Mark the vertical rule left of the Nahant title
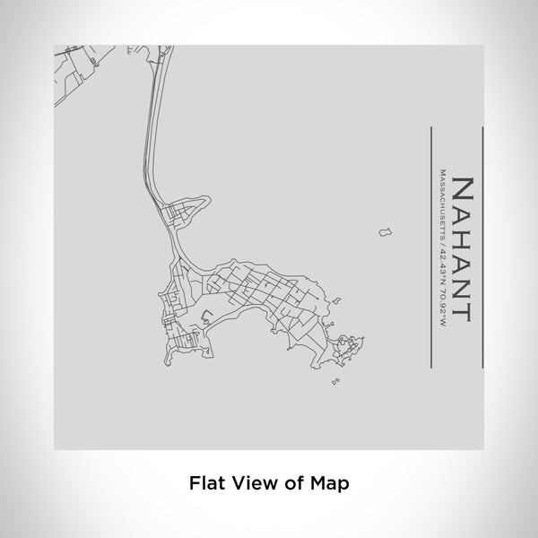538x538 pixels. (432, 246)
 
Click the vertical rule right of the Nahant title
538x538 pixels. (483, 246)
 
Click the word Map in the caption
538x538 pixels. (330, 482)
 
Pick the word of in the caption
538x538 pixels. (291, 482)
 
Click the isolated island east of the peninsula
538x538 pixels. (385, 233)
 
